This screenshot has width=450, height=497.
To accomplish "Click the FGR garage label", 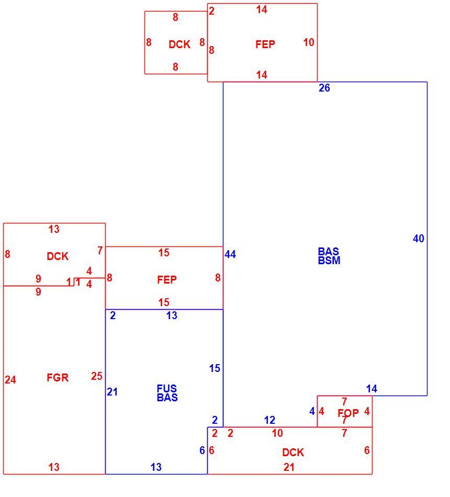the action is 58,378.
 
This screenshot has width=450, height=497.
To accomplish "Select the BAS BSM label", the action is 329,256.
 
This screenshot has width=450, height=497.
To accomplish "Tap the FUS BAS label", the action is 167,393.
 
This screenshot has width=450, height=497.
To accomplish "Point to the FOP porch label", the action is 348,413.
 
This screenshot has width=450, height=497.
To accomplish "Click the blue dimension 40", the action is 418,239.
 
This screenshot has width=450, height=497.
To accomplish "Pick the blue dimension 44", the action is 230,254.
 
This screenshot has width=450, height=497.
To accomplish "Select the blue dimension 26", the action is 324,88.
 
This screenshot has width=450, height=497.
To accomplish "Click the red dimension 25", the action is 96,376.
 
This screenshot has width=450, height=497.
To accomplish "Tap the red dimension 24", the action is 10,380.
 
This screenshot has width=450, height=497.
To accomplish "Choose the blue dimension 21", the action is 112,392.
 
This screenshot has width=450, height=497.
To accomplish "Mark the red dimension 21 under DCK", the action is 289,467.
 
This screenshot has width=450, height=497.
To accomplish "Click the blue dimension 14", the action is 372,389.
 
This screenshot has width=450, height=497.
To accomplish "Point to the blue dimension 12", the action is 269,420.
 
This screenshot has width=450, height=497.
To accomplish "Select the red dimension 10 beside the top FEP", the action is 309,42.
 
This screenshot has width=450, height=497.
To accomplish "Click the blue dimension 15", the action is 215,368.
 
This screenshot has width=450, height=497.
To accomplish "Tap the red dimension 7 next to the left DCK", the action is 100,251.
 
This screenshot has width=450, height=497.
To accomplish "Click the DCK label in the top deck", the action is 179,44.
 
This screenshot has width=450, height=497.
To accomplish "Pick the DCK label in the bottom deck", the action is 292,453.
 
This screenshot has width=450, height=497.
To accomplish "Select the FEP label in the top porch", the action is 265,44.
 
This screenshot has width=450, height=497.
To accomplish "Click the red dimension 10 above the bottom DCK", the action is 277,433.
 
